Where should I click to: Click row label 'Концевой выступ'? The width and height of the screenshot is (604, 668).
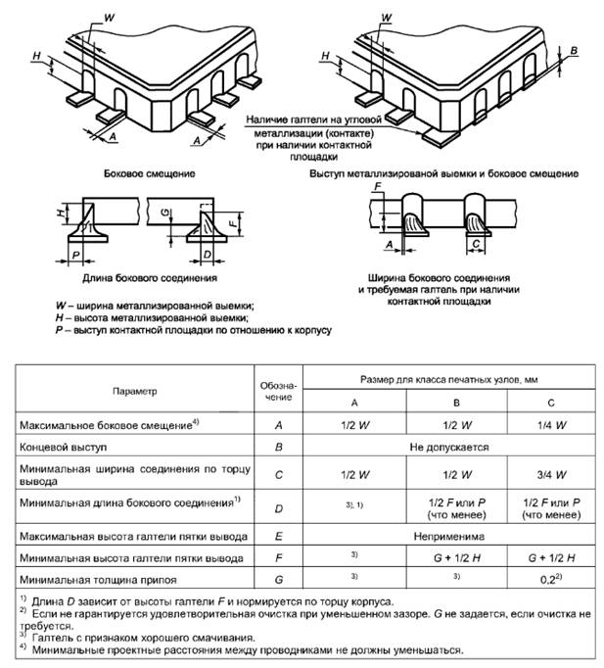[63, 449]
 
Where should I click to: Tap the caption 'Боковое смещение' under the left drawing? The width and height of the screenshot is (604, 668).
[148, 172]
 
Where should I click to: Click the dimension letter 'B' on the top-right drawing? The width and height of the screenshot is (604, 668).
[575, 49]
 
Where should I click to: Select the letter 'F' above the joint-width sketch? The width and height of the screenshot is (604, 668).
[377, 186]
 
